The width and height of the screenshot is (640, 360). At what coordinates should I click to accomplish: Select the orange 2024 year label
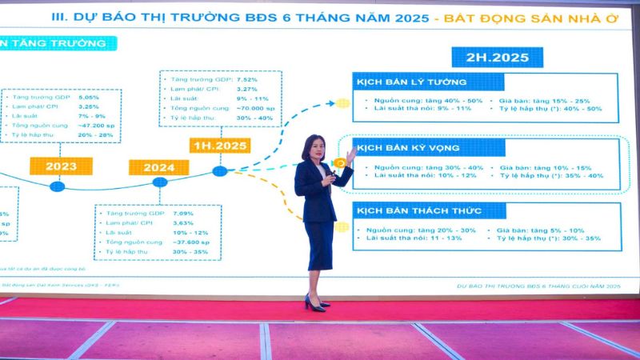(160, 167)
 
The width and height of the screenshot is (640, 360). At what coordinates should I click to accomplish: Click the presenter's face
(311, 149)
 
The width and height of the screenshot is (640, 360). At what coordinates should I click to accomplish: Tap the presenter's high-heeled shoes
(315, 304)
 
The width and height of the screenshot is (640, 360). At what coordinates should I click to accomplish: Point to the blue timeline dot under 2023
(57, 186)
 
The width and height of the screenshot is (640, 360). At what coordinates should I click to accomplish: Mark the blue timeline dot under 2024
(160, 182)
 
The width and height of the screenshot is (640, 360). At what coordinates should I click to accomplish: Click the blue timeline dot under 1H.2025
(220, 170)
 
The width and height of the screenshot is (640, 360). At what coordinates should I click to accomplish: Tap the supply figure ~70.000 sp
(256, 106)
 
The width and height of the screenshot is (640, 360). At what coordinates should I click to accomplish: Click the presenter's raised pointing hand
(350, 152)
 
